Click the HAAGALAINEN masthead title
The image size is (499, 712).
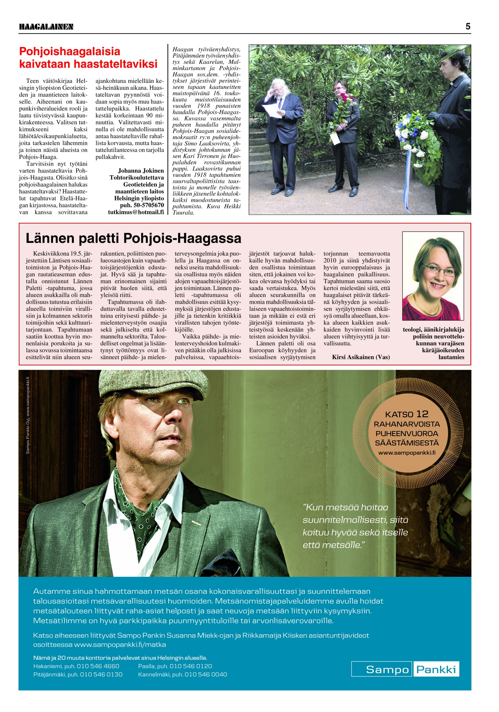pyautogui.click(x=46, y=27)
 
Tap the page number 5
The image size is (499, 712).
pyautogui.click(x=468, y=26)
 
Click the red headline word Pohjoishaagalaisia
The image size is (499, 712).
pyautogui.click(x=70, y=51)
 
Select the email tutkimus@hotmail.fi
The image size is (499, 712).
pyautogui.click(x=136, y=212)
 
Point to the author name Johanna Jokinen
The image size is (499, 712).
pyautogui.click(x=141, y=171)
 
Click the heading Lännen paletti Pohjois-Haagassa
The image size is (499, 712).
pyautogui.click(x=133, y=238)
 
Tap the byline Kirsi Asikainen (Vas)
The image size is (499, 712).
pyautogui.click(x=361, y=357)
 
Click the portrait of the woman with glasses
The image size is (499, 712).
pyautogui.click(x=433, y=276)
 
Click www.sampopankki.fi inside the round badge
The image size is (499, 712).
pyautogui.click(x=407, y=453)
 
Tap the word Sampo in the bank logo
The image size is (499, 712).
pyautogui.click(x=387, y=670)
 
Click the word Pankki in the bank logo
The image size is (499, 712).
pyautogui.click(x=436, y=670)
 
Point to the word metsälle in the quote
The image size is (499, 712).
pyautogui.click(x=345, y=545)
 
